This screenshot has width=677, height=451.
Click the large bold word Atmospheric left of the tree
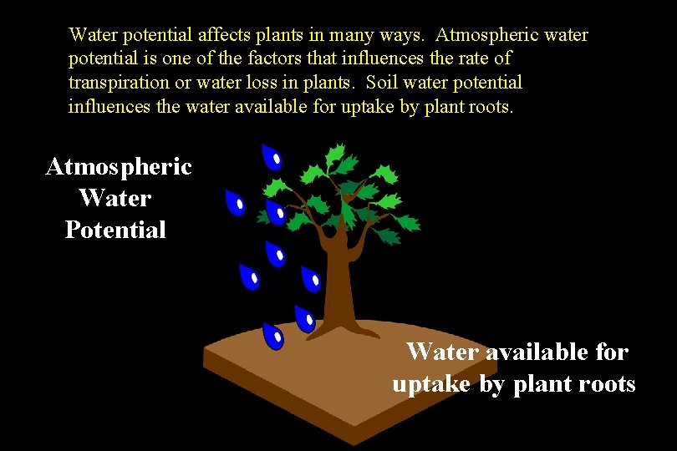(x=119, y=167)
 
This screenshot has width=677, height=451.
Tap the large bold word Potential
(x=115, y=230)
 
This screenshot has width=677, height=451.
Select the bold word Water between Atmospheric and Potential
(x=115, y=199)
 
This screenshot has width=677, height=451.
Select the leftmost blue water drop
(x=236, y=203)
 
